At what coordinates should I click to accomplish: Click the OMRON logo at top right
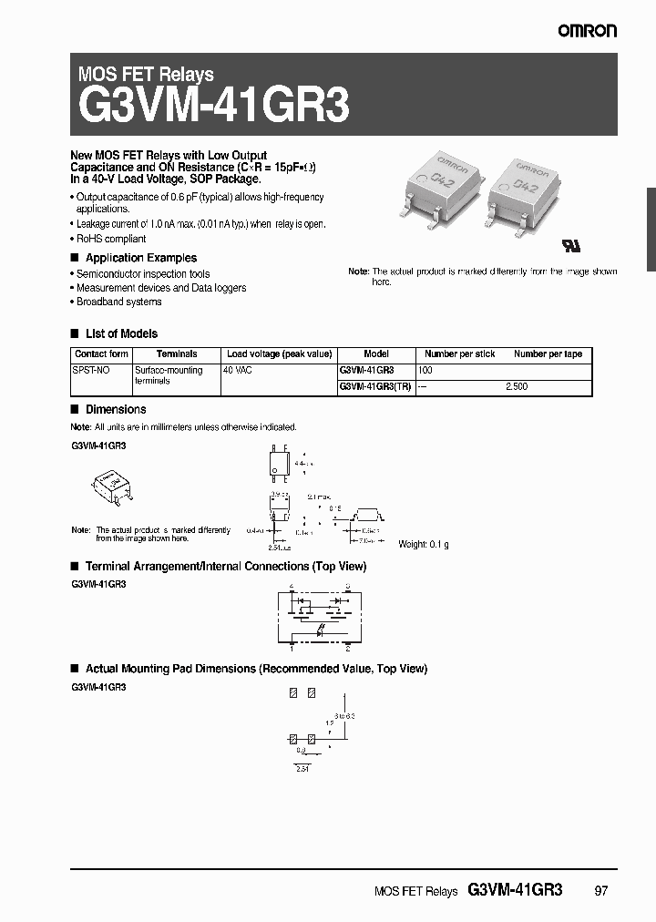[588, 30]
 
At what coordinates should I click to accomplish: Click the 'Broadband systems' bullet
[118, 302]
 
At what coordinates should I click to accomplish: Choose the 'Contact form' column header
[101, 353]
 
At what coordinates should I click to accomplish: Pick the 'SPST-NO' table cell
[91, 371]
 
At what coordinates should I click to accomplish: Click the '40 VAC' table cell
[239, 371]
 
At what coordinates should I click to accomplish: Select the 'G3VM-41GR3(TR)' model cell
[374, 386]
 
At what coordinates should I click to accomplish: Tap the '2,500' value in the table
[517, 386]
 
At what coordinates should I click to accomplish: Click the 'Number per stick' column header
[460, 353]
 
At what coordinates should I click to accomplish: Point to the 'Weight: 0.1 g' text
[424, 544]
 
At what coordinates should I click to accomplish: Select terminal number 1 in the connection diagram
[292, 648]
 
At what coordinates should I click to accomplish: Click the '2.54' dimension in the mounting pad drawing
[302, 770]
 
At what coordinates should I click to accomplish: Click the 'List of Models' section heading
[121, 333]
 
